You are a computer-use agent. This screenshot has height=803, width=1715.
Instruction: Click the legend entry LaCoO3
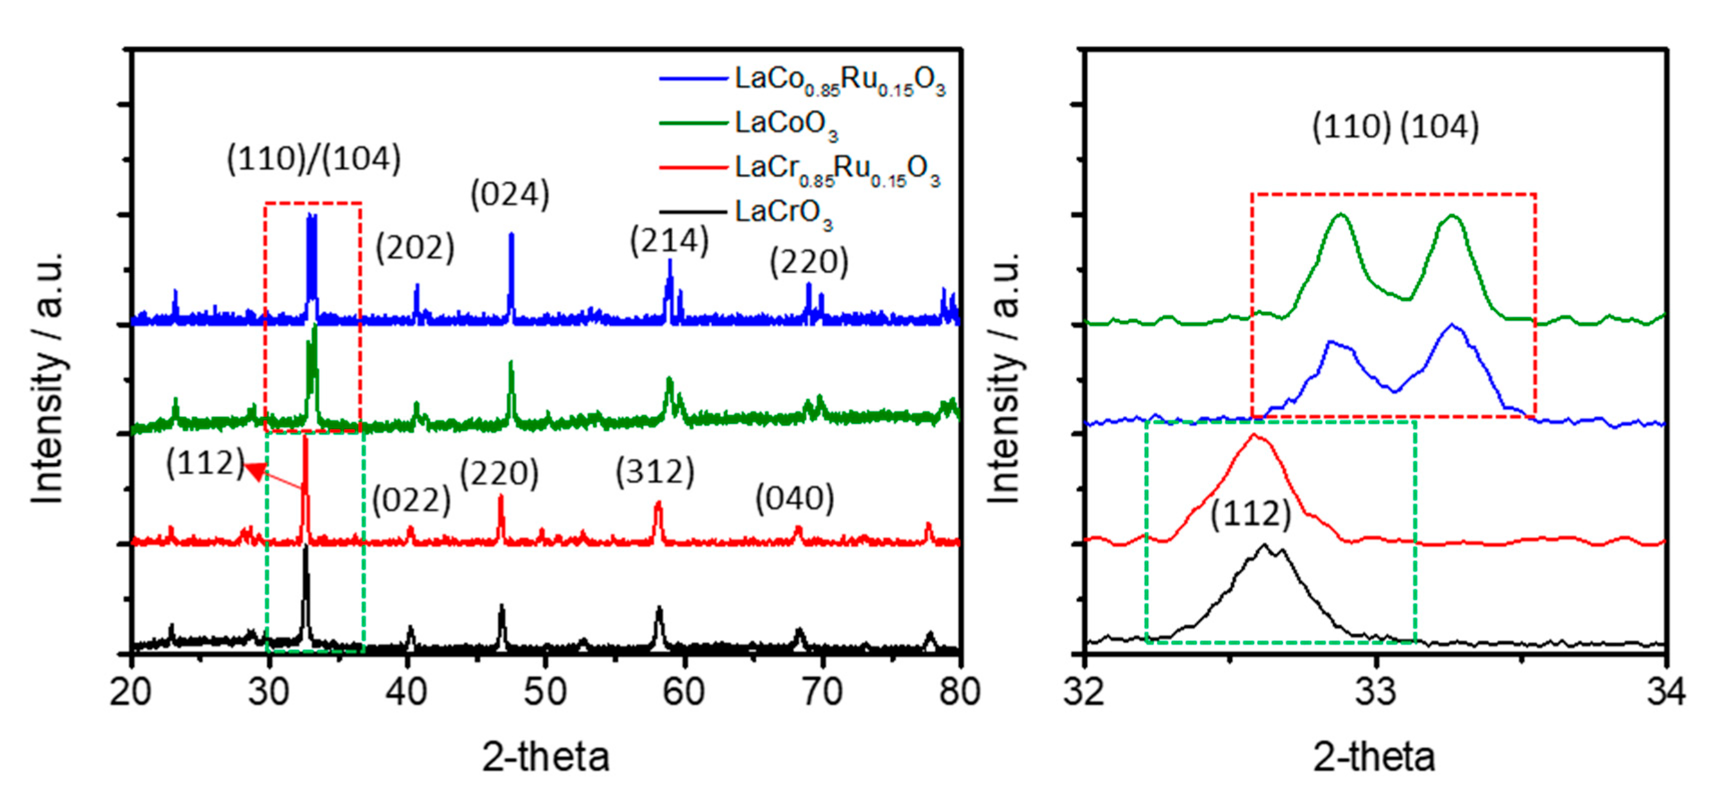(785, 123)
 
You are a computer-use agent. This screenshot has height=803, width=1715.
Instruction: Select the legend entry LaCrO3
(783, 213)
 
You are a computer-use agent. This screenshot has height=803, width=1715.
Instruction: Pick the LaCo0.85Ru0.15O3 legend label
(839, 80)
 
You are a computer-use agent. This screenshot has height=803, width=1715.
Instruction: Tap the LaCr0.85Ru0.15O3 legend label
(836, 168)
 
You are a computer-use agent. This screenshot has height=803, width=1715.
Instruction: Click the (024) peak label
(510, 195)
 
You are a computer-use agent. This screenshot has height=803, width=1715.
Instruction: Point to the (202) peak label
(415, 248)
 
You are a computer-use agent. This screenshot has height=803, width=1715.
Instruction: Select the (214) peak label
(669, 241)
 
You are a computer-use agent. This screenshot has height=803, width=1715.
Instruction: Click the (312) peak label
(654, 472)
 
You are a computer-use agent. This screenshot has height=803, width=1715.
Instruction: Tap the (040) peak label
(794, 498)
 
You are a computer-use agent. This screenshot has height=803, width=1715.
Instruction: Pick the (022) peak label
(411, 500)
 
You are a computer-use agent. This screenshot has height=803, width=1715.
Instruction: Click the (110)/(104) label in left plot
(314, 159)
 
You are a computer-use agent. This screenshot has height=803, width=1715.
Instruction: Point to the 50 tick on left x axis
(545, 692)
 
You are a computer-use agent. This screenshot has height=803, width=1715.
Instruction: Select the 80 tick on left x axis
(959, 692)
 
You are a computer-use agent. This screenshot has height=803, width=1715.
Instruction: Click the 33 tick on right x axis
(1375, 692)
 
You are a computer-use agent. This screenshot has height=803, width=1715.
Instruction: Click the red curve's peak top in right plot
(1254, 436)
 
